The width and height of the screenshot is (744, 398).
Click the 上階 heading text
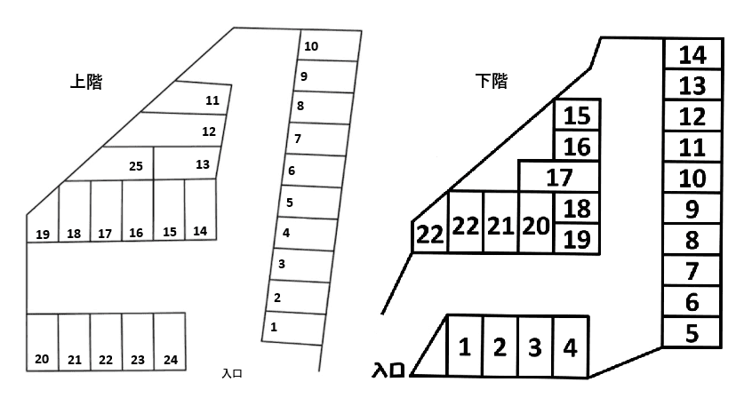coord(86,82)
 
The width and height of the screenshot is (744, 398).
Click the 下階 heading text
coord(492,81)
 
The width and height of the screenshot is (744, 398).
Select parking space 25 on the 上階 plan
coord(128,163)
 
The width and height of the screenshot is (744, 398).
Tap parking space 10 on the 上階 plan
coord(329,45)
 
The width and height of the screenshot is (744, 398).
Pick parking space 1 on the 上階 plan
coord(293,328)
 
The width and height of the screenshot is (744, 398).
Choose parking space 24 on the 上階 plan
coord(170,341)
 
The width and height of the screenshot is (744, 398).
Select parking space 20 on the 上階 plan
coord(43,341)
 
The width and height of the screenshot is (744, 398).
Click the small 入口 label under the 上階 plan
coord(232,373)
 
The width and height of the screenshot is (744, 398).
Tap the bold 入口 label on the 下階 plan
coord(388,370)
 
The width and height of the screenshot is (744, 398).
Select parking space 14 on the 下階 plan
coord(692,54)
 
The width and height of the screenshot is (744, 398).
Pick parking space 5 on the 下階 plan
coord(692,332)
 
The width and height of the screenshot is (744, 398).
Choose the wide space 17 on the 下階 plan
coord(559,177)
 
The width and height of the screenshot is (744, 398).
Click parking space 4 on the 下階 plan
coord(571,346)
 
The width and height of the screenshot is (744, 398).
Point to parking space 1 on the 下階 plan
coord(465,346)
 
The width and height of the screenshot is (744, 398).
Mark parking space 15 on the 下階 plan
coord(578,115)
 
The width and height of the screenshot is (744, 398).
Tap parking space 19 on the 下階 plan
coord(577,239)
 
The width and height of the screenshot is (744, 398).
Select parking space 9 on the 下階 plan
coord(692,208)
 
